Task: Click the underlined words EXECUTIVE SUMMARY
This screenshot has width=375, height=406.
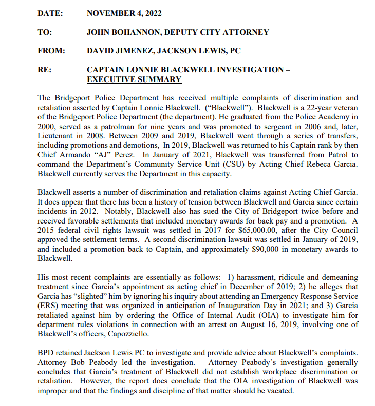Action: [x=134, y=79]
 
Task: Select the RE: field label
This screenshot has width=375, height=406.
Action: [x=44, y=70]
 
